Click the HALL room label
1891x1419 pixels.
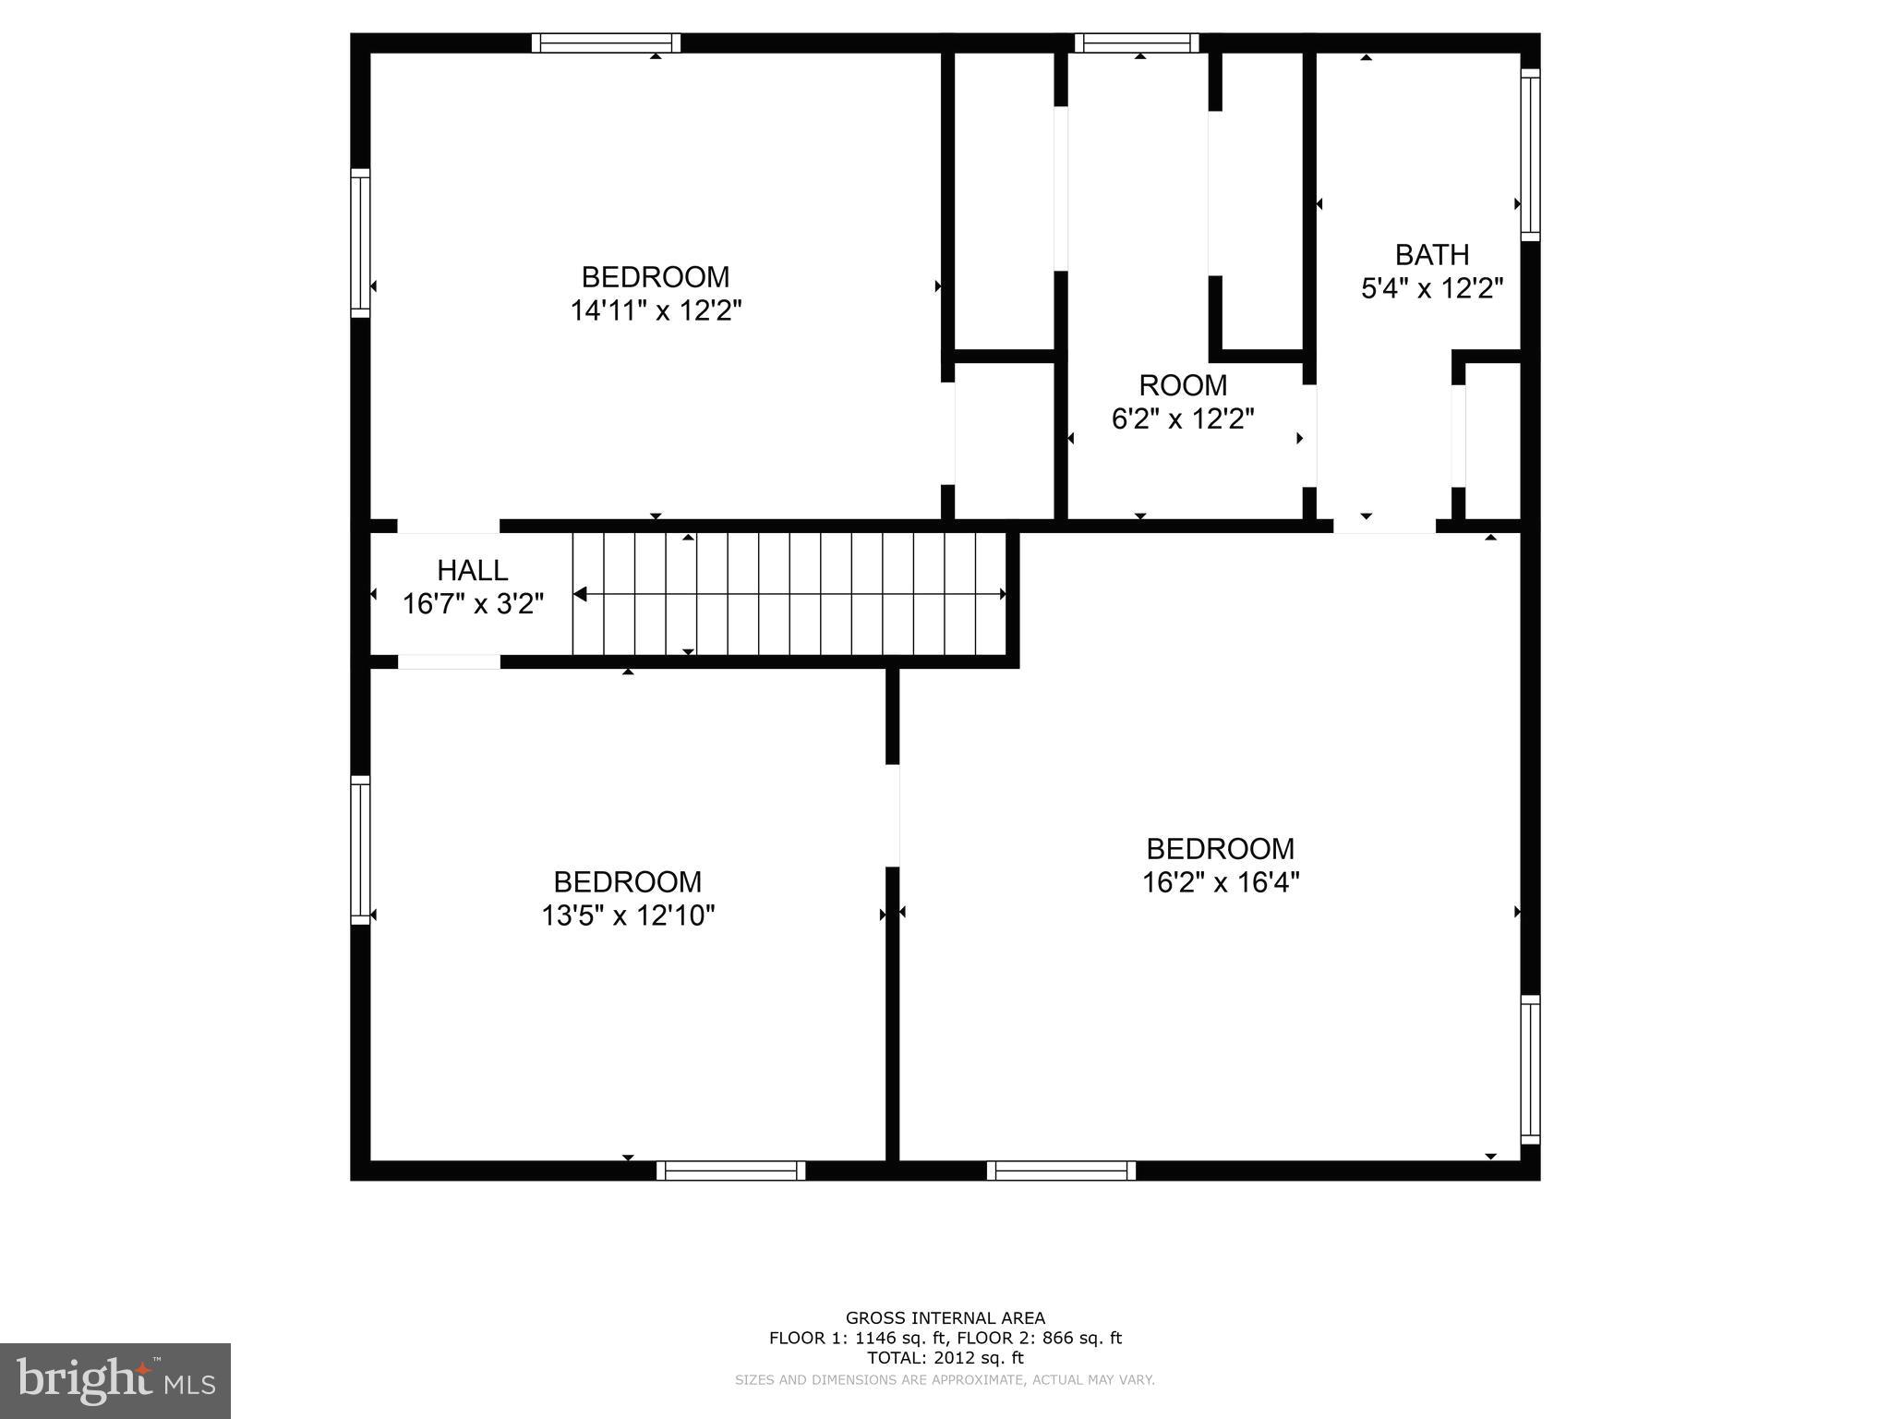pyautogui.click(x=472, y=570)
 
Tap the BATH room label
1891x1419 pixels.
pyautogui.click(x=1431, y=254)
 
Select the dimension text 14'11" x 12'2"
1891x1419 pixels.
pyautogui.click(x=656, y=310)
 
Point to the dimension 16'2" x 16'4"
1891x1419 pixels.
pyautogui.click(x=1220, y=882)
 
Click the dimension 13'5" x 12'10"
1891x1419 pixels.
pyautogui.click(x=628, y=916)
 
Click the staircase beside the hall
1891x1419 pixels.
pyautogui.click(x=789, y=594)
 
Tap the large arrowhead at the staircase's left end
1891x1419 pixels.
pyautogui.click(x=580, y=594)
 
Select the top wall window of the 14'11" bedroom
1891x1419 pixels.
pyautogui.click(x=606, y=42)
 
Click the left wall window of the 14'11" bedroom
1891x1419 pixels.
pyautogui.click(x=360, y=242)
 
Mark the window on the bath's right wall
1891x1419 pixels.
pyautogui.click(x=1530, y=154)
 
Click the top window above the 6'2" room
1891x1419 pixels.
pyautogui.click(x=1136, y=42)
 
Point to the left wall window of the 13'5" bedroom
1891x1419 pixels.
pyautogui.click(x=360, y=849)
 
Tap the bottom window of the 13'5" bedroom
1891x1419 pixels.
pyautogui.click(x=730, y=1170)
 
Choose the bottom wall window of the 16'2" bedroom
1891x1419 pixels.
pyautogui.click(x=1061, y=1170)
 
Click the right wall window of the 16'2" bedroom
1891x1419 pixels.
pyautogui.click(x=1530, y=1070)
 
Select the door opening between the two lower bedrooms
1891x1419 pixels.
pyautogui.click(x=893, y=815)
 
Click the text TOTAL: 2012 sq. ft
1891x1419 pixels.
pyautogui.click(x=945, y=1357)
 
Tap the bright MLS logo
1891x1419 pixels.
pyautogui.click(x=114, y=1380)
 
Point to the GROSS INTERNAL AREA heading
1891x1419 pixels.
pyautogui.click(x=945, y=1318)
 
